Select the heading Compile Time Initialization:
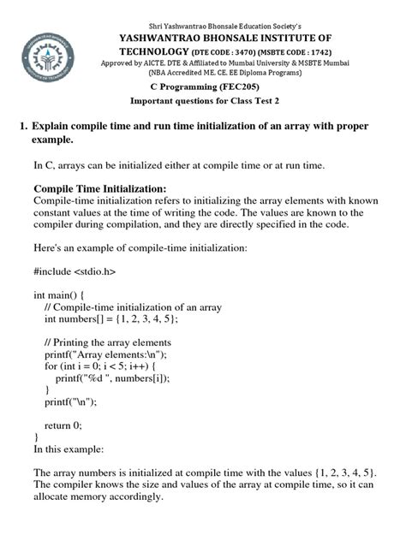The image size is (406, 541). pyautogui.click(x=99, y=188)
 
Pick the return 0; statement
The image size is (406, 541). pyautogui.click(x=63, y=424)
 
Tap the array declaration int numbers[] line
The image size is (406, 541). pyautogui.click(x=111, y=318)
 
